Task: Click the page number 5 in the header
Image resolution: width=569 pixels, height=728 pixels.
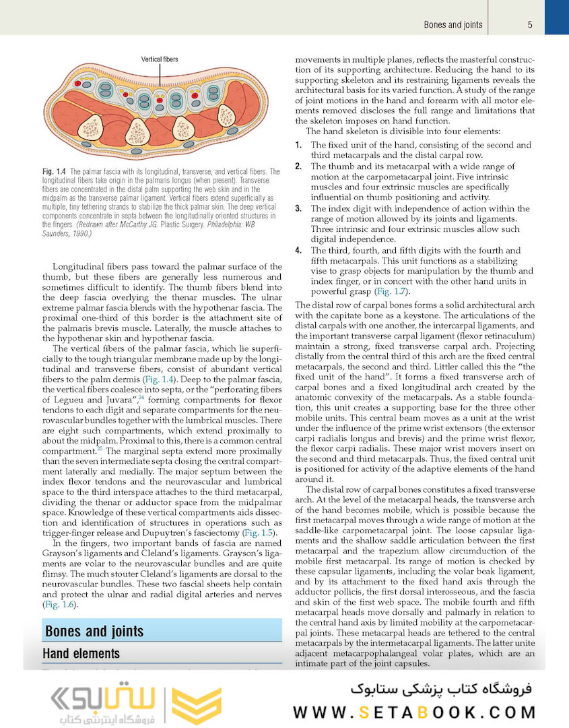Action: pos(531,25)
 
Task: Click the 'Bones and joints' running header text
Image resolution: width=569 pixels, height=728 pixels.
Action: pos(453,25)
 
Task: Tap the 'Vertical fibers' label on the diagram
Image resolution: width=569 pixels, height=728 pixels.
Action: pos(160,59)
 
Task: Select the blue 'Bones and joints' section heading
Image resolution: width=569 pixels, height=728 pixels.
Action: pos(94,632)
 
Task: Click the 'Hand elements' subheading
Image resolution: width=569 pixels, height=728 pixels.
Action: pos(81,653)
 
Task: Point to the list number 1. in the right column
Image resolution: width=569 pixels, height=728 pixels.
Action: pos(299,145)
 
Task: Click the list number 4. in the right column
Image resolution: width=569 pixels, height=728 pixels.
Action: pos(299,250)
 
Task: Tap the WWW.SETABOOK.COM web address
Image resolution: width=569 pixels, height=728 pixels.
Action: pos(414,712)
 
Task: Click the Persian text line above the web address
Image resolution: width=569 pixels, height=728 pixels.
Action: pos(441,689)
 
